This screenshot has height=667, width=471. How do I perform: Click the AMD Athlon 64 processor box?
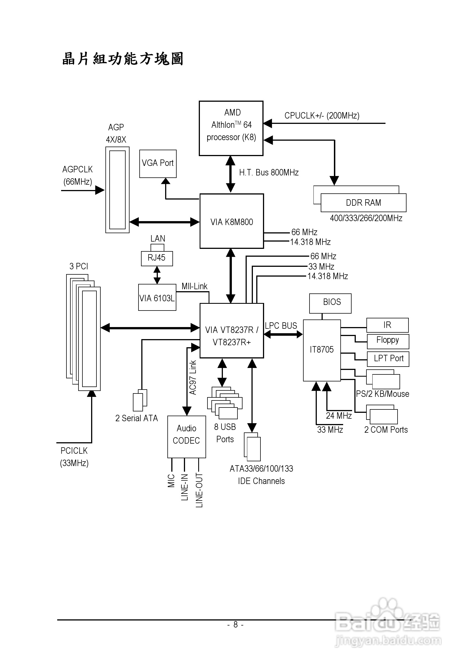pyautogui.click(x=231, y=128)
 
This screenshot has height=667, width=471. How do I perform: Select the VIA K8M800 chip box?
pyautogui.click(x=232, y=221)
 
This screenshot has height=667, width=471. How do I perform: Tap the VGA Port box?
pyautogui.click(x=158, y=164)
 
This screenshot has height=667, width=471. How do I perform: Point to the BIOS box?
pyautogui.click(x=330, y=303)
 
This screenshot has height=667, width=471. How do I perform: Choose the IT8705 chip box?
pyautogui.click(x=322, y=350)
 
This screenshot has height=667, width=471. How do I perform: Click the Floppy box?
pyautogui.click(x=388, y=341)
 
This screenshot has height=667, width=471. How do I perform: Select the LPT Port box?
pyautogui.click(x=388, y=359)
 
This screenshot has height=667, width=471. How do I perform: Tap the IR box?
pyautogui.click(x=387, y=325)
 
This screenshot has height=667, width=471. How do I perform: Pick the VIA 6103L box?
pyautogui.click(x=157, y=297)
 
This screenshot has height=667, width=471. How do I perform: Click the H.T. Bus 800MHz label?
pyautogui.click(x=269, y=173)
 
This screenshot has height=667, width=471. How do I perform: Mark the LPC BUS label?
pyautogui.click(x=281, y=326)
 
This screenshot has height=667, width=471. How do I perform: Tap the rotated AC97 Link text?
pyautogui.click(x=193, y=378)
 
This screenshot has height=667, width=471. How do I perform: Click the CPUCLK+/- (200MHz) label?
pyautogui.click(x=322, y=116)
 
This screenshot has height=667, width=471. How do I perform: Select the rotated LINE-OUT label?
pyautogui.click(x=199, y=490)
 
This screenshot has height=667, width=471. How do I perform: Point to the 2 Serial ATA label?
pyautogui.click(x=136, y=418)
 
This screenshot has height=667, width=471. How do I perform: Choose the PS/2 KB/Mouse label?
pyautogui.click(x=382, y=394)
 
